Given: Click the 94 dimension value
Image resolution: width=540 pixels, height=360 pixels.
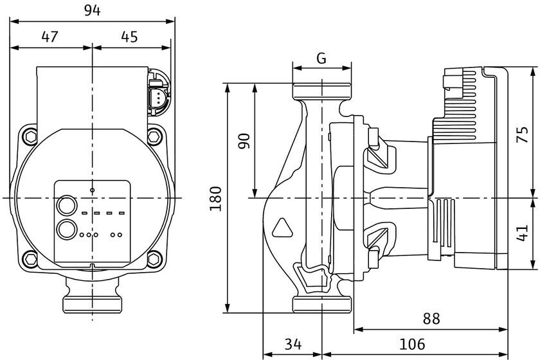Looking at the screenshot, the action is click(93, 10).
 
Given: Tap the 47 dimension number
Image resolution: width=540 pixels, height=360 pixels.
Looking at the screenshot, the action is click(50, 37).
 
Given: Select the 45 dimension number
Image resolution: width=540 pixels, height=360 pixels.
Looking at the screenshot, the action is click(129, 37).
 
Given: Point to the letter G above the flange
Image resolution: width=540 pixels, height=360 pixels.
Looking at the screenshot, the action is click(321, 59).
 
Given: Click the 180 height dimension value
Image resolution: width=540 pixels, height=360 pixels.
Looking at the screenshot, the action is click(216, 199).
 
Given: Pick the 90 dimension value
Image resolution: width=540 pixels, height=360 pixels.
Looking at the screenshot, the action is click(244, 141).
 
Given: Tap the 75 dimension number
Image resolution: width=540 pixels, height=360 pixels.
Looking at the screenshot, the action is click(523, 135).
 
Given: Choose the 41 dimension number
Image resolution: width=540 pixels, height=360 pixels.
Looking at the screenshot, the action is click(523, 233).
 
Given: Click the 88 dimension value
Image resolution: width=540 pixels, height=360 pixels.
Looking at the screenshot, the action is click(431, 319).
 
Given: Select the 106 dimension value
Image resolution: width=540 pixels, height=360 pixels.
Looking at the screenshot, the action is click(412, 344).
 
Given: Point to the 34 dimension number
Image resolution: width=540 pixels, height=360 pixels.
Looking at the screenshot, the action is click(293, 344).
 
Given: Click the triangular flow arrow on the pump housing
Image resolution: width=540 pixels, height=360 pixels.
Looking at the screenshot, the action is click(282, 228).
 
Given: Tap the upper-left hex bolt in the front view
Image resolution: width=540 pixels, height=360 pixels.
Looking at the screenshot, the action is click(31, 137).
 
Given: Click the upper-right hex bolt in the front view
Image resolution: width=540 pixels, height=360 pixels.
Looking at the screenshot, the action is click(155, 136).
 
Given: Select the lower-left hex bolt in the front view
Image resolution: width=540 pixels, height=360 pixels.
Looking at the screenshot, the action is click(31, 258).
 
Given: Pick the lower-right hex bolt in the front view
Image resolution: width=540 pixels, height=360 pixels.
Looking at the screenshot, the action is click(154, 258).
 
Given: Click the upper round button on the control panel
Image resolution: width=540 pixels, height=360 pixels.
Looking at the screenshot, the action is click(66, 206).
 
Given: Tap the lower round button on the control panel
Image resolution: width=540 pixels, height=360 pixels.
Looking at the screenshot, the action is click(66, 230).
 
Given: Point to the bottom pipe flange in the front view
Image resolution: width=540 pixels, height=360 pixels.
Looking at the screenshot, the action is click(93, 305).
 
